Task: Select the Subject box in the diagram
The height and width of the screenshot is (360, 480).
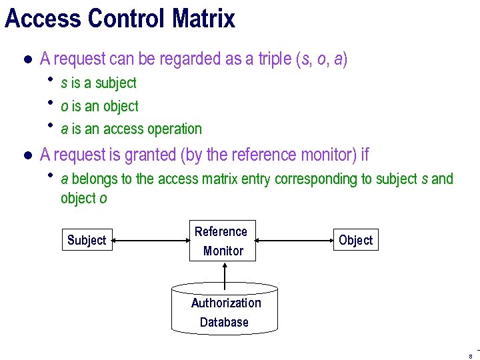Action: (x=87, y=240)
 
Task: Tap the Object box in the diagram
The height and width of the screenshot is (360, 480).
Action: (x=355, y=240)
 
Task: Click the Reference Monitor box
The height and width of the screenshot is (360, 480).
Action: (x=223, y=241)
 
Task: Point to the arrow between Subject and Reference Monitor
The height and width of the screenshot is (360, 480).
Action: (x=151, y=240)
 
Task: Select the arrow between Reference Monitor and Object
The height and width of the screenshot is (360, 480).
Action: (x=294, y=240)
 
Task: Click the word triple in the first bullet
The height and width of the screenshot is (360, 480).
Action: (x=274, y=59)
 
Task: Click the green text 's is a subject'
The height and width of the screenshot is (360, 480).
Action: (x=99, y=83)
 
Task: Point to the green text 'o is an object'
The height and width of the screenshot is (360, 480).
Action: (x=99, y=106)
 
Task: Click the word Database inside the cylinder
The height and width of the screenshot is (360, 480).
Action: (x=224, y=322)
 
